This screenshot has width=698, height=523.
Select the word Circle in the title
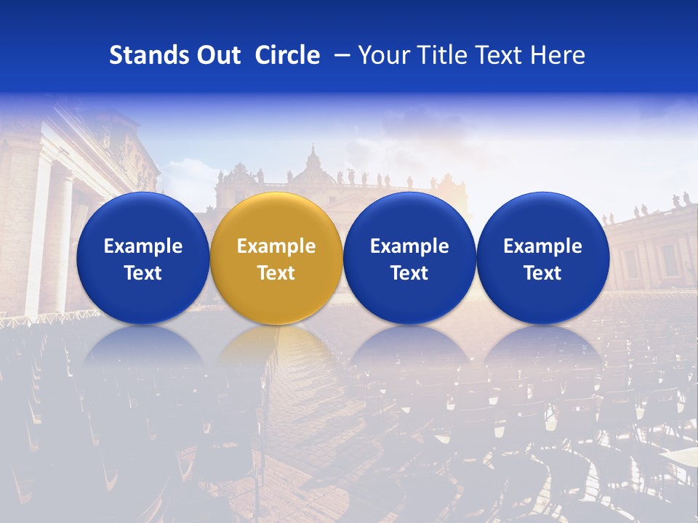[287, 55]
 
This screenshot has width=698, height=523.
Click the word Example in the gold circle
[276, 246]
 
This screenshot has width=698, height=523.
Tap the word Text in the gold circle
[276, 273]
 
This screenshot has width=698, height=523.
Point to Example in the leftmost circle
[143, 246]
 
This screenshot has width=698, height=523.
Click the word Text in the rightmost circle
[543, 273]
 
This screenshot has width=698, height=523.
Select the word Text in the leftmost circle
[143, 273]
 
